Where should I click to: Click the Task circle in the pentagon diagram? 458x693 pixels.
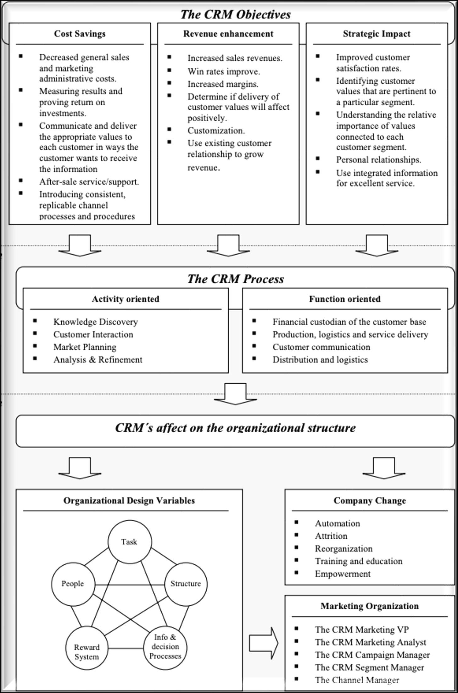tap(129, 541)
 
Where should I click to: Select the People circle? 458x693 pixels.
tap(73, 584)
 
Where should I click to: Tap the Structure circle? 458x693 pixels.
tap(186, 584)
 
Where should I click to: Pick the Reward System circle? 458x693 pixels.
tap(87, 648)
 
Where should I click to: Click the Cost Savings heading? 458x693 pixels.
tap(80, 34)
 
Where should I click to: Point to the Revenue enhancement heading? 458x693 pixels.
tap(228, 34)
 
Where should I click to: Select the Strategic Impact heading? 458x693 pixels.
tap(377, 34)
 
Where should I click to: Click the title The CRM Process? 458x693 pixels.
tap(236, 279)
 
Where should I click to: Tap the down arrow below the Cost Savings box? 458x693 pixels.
tap(80, 245)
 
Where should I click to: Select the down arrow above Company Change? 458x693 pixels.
tap(384, 468)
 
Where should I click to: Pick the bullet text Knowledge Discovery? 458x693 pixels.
tap(96, 322)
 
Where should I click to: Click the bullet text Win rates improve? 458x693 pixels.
tap(224, 72)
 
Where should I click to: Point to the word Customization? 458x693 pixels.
tap(216, 130)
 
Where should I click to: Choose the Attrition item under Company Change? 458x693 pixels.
tap(331, 536)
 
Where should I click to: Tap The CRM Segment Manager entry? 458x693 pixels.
tap(370, 667)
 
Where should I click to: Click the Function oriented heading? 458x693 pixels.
tap(345, 299)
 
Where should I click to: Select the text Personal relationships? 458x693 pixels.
tap(378, 160)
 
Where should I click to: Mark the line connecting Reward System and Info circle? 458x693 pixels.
tap(126, 648)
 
